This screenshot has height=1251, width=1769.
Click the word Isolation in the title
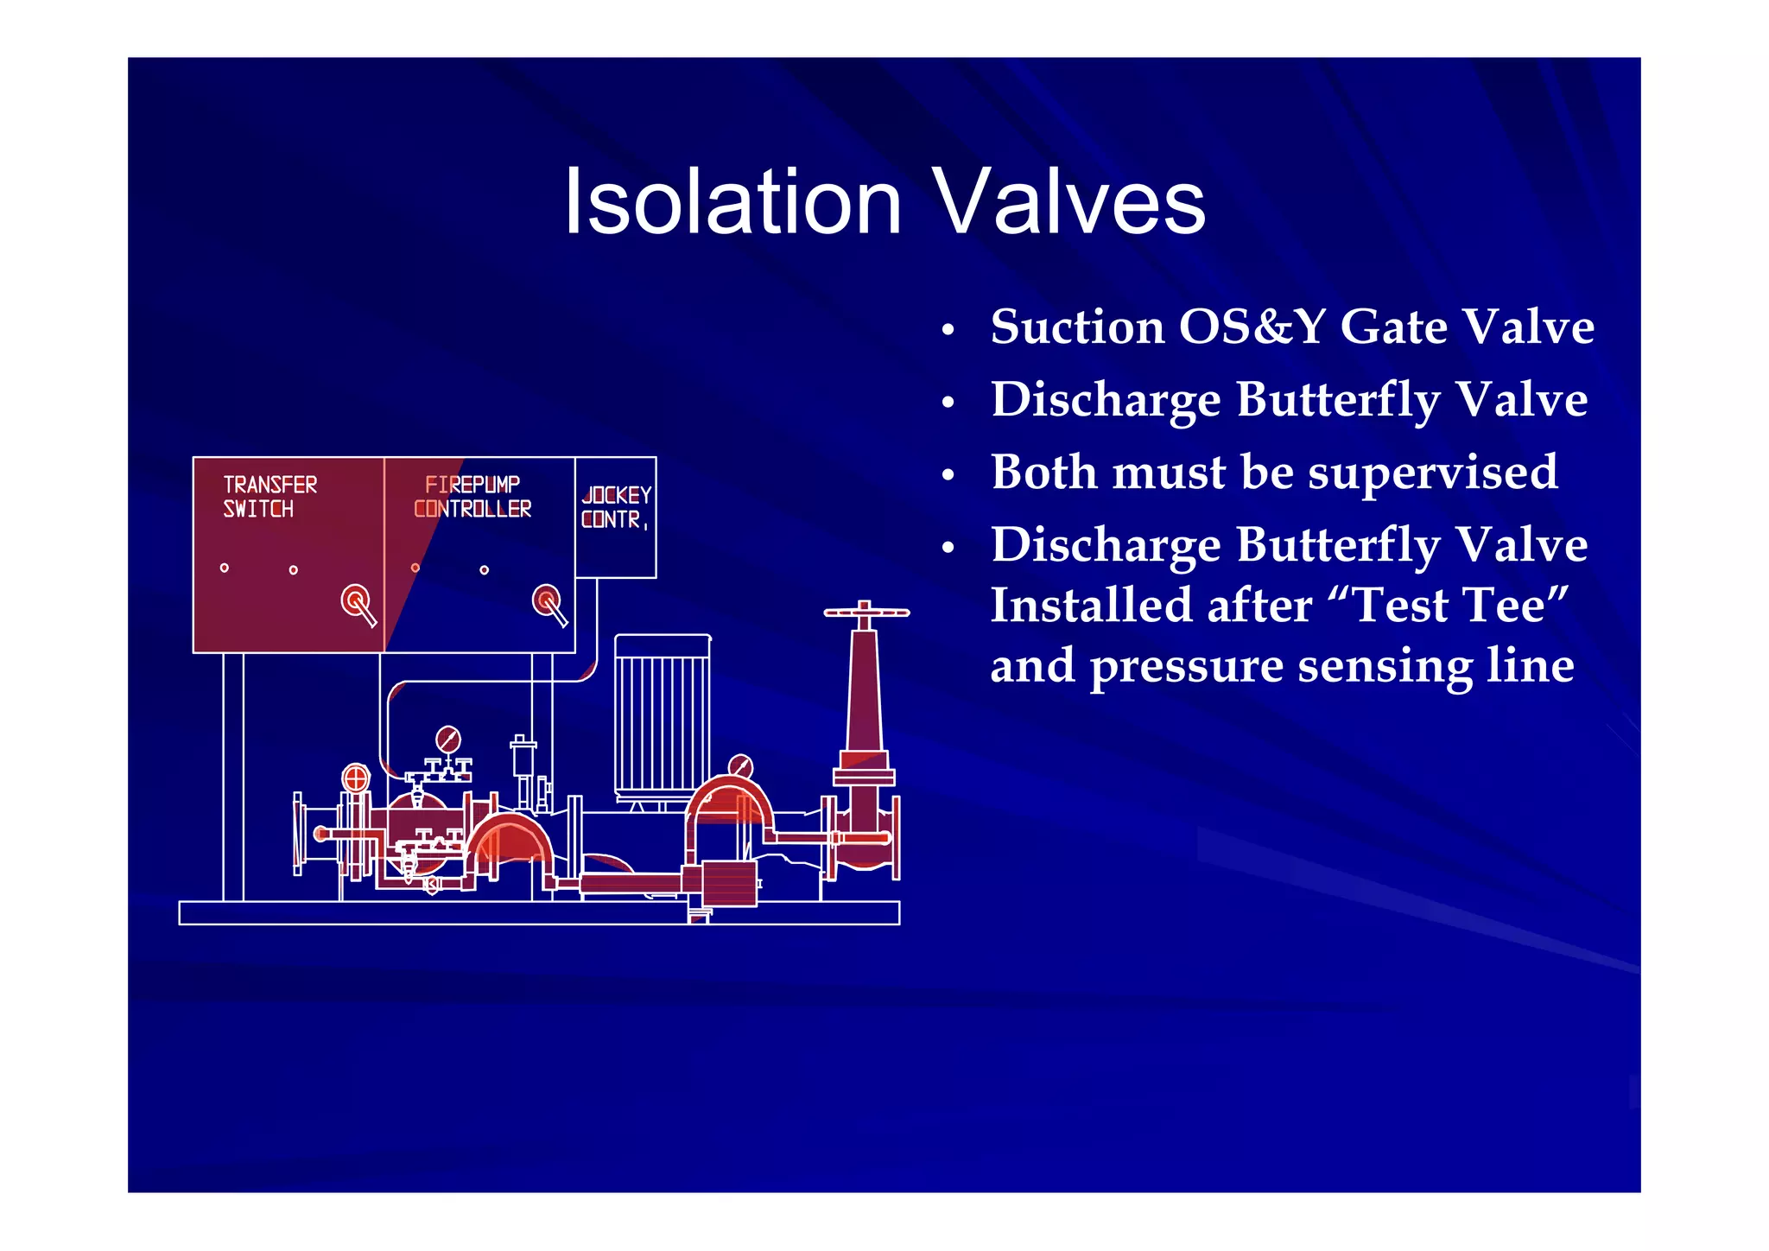click(732, 203)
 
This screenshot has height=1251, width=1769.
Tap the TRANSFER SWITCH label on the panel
click(269, 497)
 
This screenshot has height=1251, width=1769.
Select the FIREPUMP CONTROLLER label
click(472, 497)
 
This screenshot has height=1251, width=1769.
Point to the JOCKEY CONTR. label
click(615, 507)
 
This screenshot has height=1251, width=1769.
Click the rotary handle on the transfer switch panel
click(356, 600)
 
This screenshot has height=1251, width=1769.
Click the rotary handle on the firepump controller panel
click(547, 600)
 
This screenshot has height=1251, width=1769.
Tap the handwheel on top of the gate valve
click(865, 612)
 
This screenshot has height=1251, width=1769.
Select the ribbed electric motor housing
click(663, 714)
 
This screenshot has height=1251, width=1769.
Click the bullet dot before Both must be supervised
click(948, 475)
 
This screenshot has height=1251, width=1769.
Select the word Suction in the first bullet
click(1077, 327)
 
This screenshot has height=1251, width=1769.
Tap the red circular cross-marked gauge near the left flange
click(356, 778)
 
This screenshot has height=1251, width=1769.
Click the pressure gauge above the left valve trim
click(447, 739)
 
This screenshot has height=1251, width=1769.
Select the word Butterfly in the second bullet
click(1337, 400)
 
